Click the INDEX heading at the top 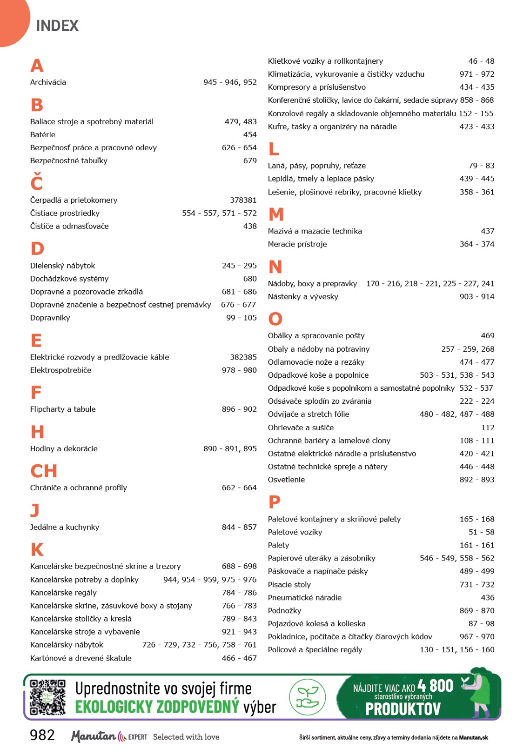(x=57, y=26)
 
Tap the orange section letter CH (x=44, y=471)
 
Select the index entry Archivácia (x=48, y=82)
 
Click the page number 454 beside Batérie (x=249, y=134)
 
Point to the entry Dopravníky (x=50, y=318)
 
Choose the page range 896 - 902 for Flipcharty (x=239, y=409)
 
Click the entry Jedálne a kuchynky (x=65, y=527)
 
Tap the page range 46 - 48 (x=481, y=61)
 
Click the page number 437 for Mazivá (x=487, y=231)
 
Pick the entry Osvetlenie (x=286, y=480)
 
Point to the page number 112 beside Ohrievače (x=487, y=428)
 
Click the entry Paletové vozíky (x=295, y=532)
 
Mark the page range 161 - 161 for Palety (x=477, y=545)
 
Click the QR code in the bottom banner (x=47, y=697)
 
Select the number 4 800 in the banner (x=435, y=686)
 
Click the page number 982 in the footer (x=42, y=735)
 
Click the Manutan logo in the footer (x=94, y=736)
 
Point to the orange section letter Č (x=37, y=182)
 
